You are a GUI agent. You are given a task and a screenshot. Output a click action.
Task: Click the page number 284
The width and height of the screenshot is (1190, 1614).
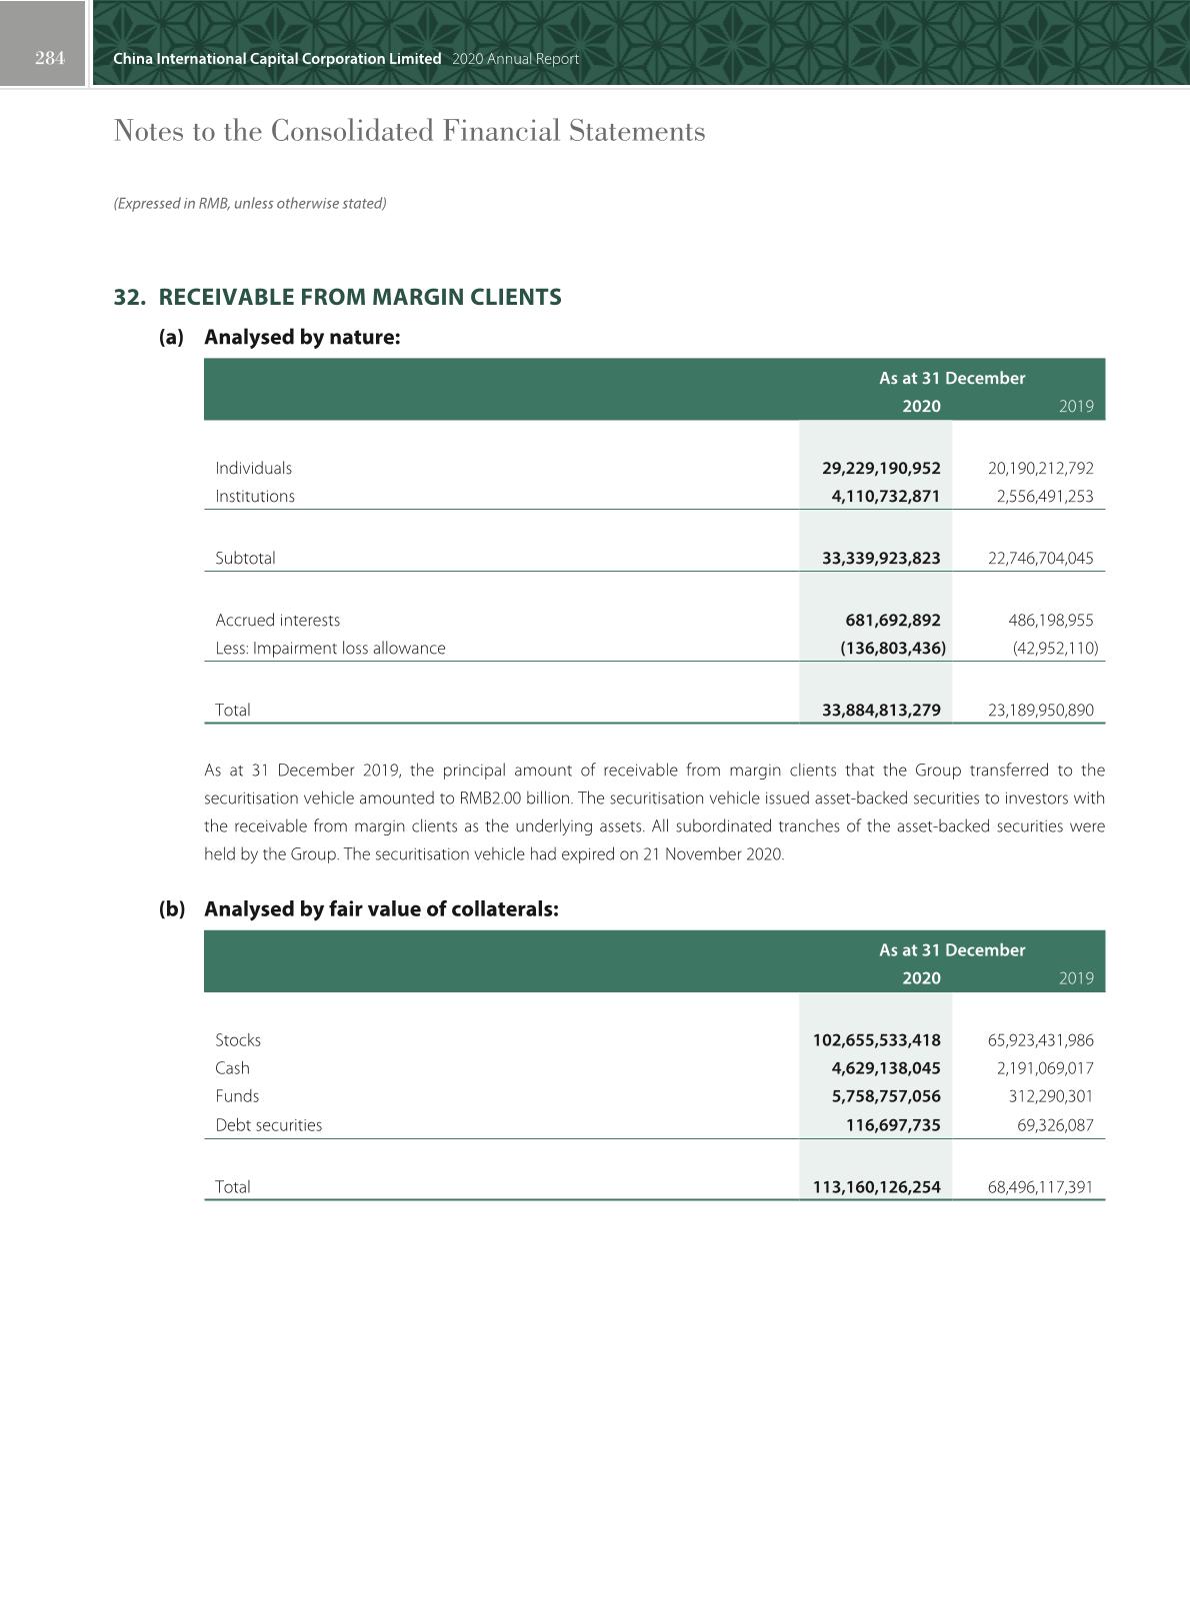[49, 58]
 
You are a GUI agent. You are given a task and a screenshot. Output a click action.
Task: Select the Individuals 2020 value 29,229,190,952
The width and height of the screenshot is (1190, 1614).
[881, 468]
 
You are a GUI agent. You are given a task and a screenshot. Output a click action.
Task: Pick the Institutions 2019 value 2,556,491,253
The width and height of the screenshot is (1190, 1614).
[1040, 496]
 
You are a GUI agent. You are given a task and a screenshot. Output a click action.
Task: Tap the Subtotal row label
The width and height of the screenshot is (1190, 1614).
[245, 558]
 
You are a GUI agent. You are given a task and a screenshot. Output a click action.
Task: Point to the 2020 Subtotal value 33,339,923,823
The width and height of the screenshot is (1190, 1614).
[881, 558]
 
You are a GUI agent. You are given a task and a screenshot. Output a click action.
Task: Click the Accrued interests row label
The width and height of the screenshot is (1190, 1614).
[277, 620]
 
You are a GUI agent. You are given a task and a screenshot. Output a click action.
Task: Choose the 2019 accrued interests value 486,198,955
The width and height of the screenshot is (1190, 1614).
[1050, 620]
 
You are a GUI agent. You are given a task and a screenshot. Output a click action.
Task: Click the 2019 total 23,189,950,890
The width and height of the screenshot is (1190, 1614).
[1040, 710]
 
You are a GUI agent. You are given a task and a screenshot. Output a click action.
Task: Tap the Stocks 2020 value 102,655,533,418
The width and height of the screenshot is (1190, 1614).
[876, 1039]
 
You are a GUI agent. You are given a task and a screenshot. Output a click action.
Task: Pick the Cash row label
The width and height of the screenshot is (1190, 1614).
[232, 1067]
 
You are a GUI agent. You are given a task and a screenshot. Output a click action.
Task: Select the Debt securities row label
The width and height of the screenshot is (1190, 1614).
[268, 1124]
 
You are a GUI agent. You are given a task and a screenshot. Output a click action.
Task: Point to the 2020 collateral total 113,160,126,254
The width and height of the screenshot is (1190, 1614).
[876, 1186]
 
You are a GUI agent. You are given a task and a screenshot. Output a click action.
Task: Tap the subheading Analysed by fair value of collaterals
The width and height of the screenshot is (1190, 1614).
[381, 908]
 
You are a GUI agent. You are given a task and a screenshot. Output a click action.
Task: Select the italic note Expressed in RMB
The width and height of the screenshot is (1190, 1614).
[250, 203]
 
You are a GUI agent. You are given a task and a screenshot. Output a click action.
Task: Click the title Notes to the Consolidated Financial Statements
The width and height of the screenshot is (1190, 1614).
[409, 131]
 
